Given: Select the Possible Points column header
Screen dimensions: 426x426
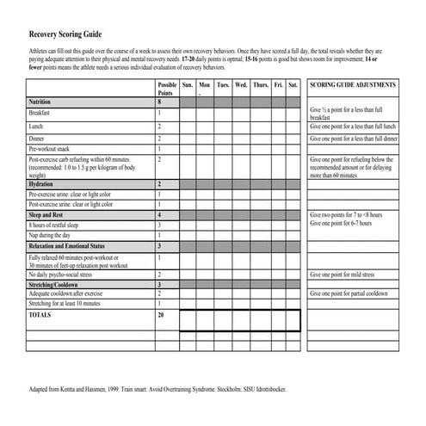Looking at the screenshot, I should [167, 89].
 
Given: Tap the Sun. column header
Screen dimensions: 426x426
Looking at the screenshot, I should [188, 85].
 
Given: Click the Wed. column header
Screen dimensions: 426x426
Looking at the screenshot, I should [241, 85].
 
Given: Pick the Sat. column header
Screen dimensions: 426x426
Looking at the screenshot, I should [293, 85].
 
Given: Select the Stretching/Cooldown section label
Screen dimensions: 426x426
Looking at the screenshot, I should [58, 284].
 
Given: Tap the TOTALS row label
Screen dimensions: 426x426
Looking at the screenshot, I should [40, 316].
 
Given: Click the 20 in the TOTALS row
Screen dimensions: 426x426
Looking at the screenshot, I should [160, 316].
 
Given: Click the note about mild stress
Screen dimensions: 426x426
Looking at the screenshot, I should [345, 275].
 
